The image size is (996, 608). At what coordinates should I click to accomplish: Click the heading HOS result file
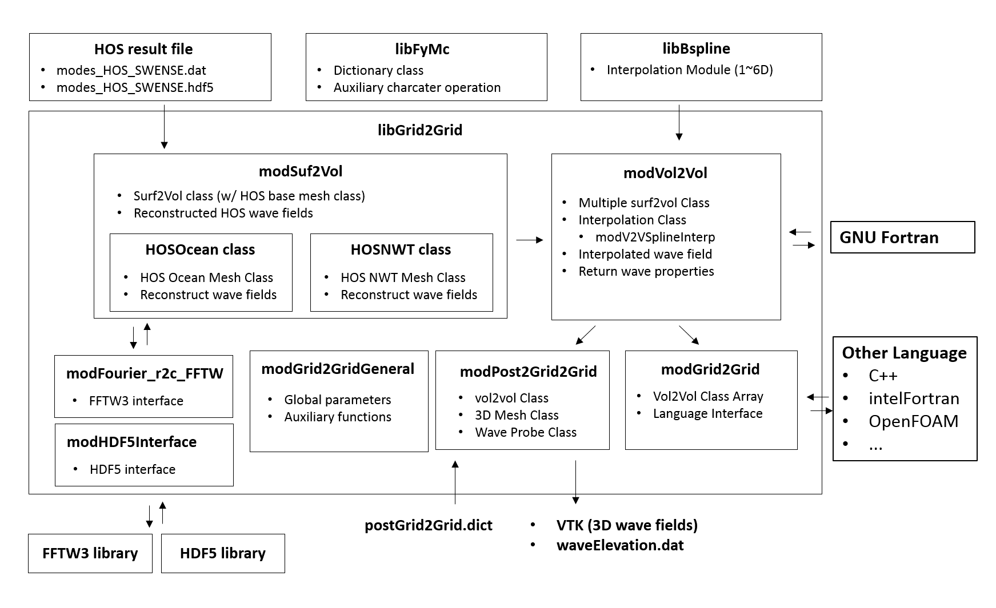click(x=143, y=49)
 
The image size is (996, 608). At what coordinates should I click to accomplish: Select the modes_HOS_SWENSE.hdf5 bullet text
click(x=135, y=88)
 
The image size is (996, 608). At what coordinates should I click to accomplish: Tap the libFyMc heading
click(x=422, y=49)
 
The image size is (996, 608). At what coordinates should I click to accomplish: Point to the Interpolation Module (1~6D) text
click(x=689, y=70)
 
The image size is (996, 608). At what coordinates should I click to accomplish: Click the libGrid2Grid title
click(x=419, y=130)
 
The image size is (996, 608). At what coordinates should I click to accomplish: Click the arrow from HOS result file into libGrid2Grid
click(x=164, y=126)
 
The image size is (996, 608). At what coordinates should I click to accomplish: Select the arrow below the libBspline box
click(x=679, y=122)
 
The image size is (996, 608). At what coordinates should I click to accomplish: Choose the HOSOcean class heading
click(x=200, y=249)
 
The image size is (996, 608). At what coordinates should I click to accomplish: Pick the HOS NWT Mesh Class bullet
click(x=403, y=277)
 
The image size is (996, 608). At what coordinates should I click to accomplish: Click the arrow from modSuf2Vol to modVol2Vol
click(x=529, y=240)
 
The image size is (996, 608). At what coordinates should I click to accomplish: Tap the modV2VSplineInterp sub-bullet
click(x=655, y=237)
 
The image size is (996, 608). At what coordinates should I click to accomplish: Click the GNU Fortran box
click(x=902, y=237)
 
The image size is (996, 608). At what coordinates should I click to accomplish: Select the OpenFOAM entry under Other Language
click(x=913, y=421)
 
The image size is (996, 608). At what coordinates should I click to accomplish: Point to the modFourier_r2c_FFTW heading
click(x=145, y=373)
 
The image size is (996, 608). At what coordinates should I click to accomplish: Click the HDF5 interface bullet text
click(x=132, y=469)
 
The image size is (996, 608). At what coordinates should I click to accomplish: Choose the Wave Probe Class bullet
click(x=525, y=432)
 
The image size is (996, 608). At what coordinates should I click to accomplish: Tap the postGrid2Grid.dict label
click(x=429, y=525)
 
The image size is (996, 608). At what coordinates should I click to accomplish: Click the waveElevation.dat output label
click(x=619, y=545)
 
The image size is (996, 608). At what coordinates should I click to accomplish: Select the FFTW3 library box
click(x=90, y=553)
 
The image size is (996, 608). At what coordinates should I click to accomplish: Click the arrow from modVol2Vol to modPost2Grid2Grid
click(x=585, y=335)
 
